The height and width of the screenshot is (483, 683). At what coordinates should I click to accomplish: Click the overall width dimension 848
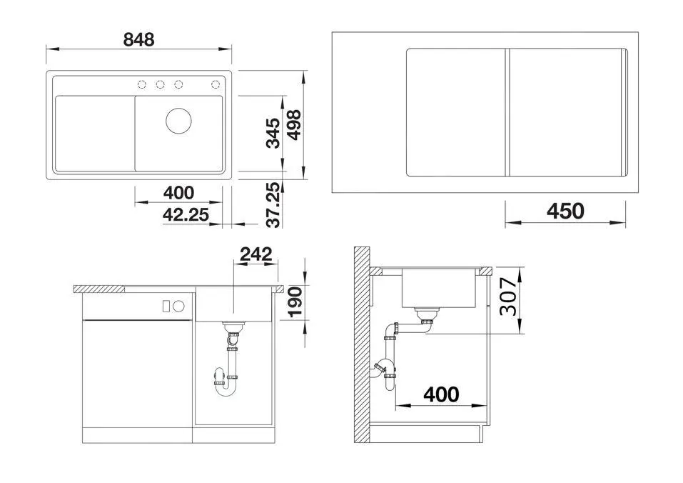click(x=138, y=39)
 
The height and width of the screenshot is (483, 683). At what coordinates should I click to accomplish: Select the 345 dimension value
click(x=273, y=133)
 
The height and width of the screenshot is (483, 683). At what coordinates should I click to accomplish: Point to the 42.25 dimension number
click(x=185, y=214)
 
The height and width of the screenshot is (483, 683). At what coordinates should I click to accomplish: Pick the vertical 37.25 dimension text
click(x=272, y=204)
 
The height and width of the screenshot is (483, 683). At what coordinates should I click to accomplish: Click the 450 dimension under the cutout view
click(x=565, y=211)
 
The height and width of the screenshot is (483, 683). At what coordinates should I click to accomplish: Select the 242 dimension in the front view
click(x=256, y=254)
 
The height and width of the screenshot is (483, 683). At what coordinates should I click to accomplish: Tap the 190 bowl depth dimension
click(x=294, y=301)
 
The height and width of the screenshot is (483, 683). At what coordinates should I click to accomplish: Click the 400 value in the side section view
click(x=441, y=394)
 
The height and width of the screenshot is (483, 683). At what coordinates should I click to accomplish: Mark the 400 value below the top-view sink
click(x=178, y=192)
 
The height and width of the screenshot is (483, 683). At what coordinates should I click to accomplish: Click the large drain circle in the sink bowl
click(x=178, y=119)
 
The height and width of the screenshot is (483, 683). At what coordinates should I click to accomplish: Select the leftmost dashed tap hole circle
click(x=142, y=85)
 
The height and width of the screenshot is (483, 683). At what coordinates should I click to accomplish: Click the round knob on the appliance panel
click(x=179, y=307)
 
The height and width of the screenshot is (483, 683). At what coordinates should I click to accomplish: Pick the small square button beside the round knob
click(x=167, y=307)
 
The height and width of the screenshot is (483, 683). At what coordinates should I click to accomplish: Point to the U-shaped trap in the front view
click(x=226, y=385)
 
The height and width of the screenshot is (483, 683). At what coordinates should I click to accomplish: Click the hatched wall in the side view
click(x=362, y=343)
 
